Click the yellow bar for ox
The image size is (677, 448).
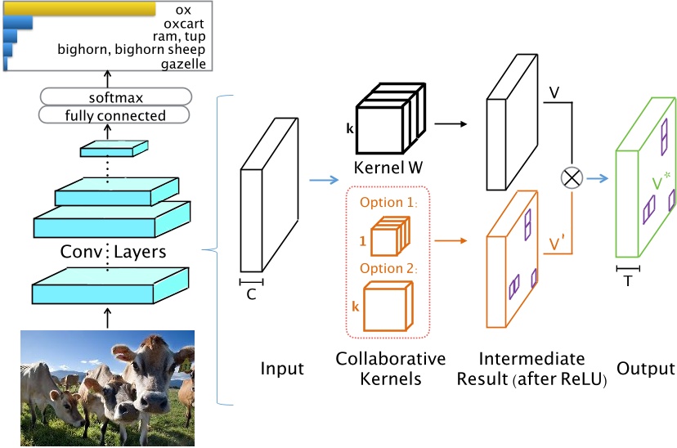coord(79,9)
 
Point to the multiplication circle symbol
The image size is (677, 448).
coord(565,175)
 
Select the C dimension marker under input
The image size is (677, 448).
coord(252,290)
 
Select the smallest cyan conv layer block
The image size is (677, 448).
coord(114,148)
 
